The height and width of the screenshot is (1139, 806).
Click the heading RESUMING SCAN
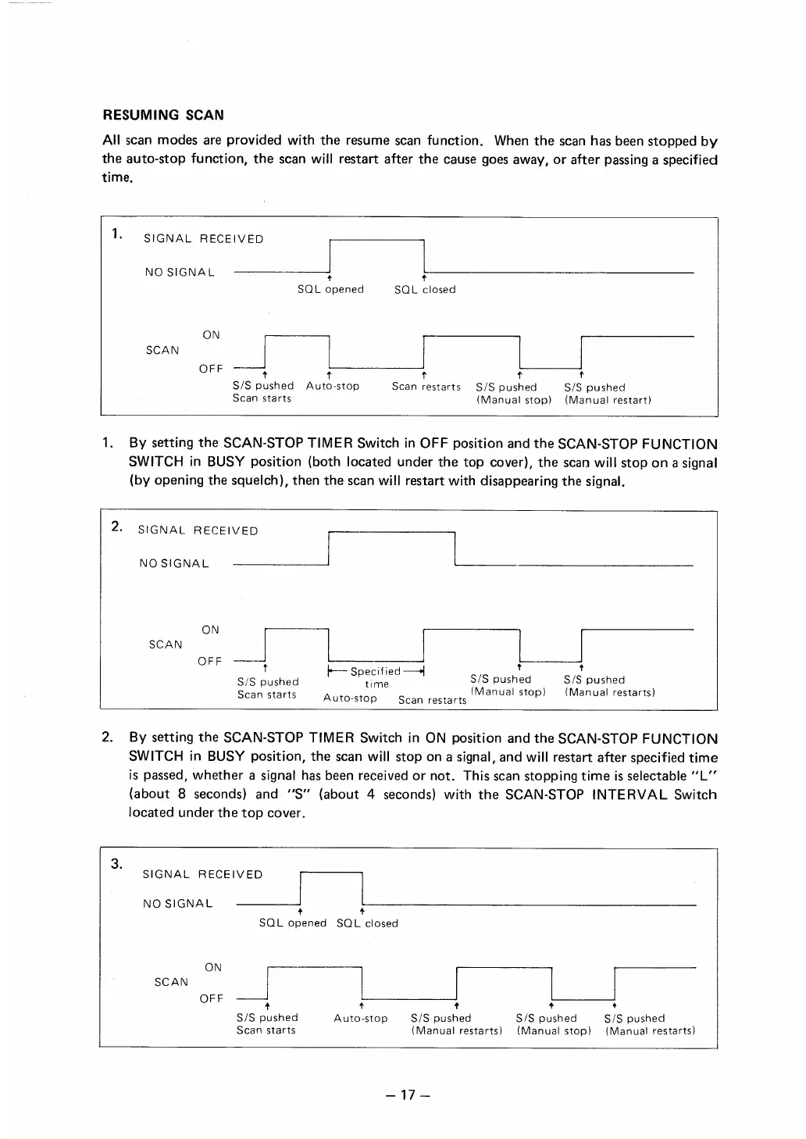[x=163, y=115]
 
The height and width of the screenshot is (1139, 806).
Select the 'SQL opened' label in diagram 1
[x=330, y=289]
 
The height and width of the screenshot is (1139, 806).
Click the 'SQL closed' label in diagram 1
[x=425, y=289]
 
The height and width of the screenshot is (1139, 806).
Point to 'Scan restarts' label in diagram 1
[x=426, y=387]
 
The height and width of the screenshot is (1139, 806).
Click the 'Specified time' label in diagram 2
[x=376, y=677]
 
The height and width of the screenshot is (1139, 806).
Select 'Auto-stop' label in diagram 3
[x=360, y=1018]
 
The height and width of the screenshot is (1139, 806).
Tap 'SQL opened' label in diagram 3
[x=292, y=923]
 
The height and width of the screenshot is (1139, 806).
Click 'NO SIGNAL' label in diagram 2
[x=174, y=563]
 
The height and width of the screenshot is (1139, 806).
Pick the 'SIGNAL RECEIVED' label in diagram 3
[x=202, y=874]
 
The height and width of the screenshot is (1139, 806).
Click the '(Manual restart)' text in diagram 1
[x=608, y=400]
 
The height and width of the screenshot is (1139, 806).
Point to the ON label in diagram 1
[x=211, y=335]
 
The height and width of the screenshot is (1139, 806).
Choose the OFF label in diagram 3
[x=212, y=998]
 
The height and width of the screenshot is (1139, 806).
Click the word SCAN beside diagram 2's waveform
[x=166, y=644]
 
